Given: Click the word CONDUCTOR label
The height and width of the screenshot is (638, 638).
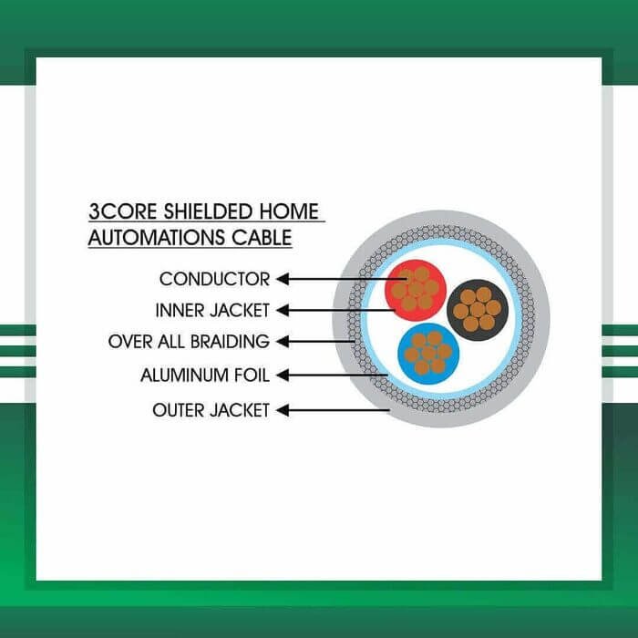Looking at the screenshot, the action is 214,279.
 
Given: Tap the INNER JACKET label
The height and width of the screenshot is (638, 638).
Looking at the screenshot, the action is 212,311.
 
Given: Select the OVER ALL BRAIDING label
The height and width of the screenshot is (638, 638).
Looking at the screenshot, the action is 189,342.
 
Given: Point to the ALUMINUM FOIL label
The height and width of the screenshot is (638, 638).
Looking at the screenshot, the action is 205,376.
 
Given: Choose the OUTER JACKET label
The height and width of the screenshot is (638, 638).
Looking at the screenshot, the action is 211,410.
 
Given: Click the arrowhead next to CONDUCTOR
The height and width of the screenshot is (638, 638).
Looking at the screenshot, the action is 283,279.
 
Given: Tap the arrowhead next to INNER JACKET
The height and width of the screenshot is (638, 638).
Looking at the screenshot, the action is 283,311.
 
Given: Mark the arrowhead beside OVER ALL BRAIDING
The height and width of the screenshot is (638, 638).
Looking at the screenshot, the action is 283,342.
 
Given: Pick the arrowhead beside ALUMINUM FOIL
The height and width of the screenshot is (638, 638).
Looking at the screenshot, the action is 283,376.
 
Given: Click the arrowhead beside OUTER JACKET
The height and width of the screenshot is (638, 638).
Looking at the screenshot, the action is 283,410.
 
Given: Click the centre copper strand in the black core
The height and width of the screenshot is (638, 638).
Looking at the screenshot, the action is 478,310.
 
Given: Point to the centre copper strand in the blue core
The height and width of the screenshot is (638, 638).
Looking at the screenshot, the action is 428,354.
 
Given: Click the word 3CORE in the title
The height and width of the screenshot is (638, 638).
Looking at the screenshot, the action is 122,211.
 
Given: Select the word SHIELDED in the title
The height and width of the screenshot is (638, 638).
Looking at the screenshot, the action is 208,211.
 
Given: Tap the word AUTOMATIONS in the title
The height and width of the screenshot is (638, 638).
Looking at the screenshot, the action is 156,238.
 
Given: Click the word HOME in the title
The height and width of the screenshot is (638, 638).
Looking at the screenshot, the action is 289,211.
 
